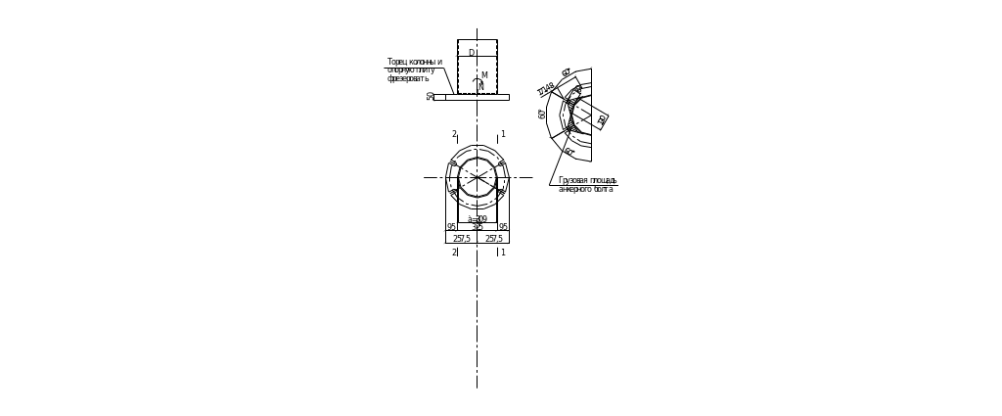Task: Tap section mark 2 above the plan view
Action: pyautogui.click(x=455, y=133)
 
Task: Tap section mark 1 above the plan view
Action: pyautogui.click(x=502, y=133)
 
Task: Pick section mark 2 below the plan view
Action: pyautogui.click(x=455, y=253)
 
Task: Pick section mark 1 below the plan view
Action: pyautogui.click(x=502, y=253)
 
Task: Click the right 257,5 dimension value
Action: pyautogui.click(x=494, y=238)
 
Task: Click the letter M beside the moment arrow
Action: pyautogui.click(x=484, y=74)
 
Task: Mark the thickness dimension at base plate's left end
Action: pyautogui.click(x=430, y=98)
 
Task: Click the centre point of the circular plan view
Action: pyautogui.click(x=477, y=177)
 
